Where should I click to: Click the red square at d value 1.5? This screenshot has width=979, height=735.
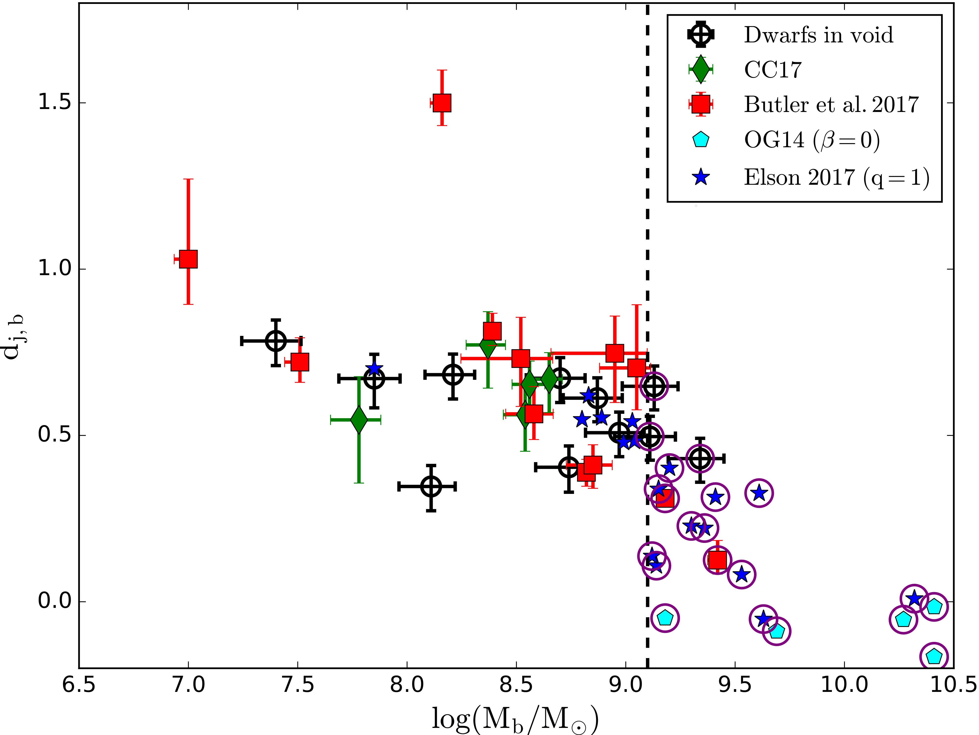coord(442,103)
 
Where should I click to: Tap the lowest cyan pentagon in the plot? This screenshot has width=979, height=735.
coord(933,656)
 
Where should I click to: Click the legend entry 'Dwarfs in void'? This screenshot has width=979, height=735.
coord(818,35)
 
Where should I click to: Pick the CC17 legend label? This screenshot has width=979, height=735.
coord(773,70)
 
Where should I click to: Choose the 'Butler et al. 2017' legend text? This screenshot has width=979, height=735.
coord(831,105)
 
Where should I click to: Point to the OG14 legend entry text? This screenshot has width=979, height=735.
coord(811,140)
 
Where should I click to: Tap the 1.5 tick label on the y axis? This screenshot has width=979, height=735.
coord(54,102)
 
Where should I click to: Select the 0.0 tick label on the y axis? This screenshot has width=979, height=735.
coord(54,601)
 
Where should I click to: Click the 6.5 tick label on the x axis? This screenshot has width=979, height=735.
coord(79,685)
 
